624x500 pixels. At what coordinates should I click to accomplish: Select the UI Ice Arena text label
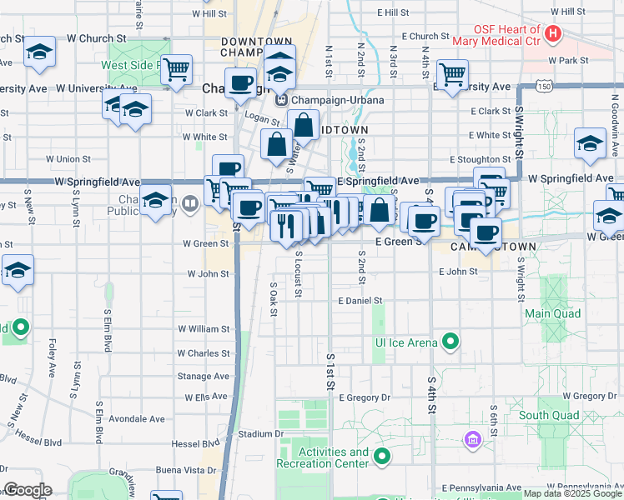tap(406, 342)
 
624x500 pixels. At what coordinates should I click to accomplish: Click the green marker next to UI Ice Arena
tap(450, 342)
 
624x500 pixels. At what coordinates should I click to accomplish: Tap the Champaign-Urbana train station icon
tap(283, 100)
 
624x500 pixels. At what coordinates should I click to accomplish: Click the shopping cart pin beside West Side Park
tap(176, 70)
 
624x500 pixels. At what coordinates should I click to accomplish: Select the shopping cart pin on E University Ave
tap(451, 74)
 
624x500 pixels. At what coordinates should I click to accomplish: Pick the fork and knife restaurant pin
tap(285, 225)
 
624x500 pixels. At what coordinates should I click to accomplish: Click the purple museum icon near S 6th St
tap(472, 438)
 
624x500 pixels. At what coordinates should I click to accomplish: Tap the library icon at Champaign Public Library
tap(191, 202)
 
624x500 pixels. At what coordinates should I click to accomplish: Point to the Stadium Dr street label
tap(255, 434)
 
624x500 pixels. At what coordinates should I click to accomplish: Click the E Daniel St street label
tap(360, 300)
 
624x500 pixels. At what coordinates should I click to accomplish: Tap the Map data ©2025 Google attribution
tap(572, 494)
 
